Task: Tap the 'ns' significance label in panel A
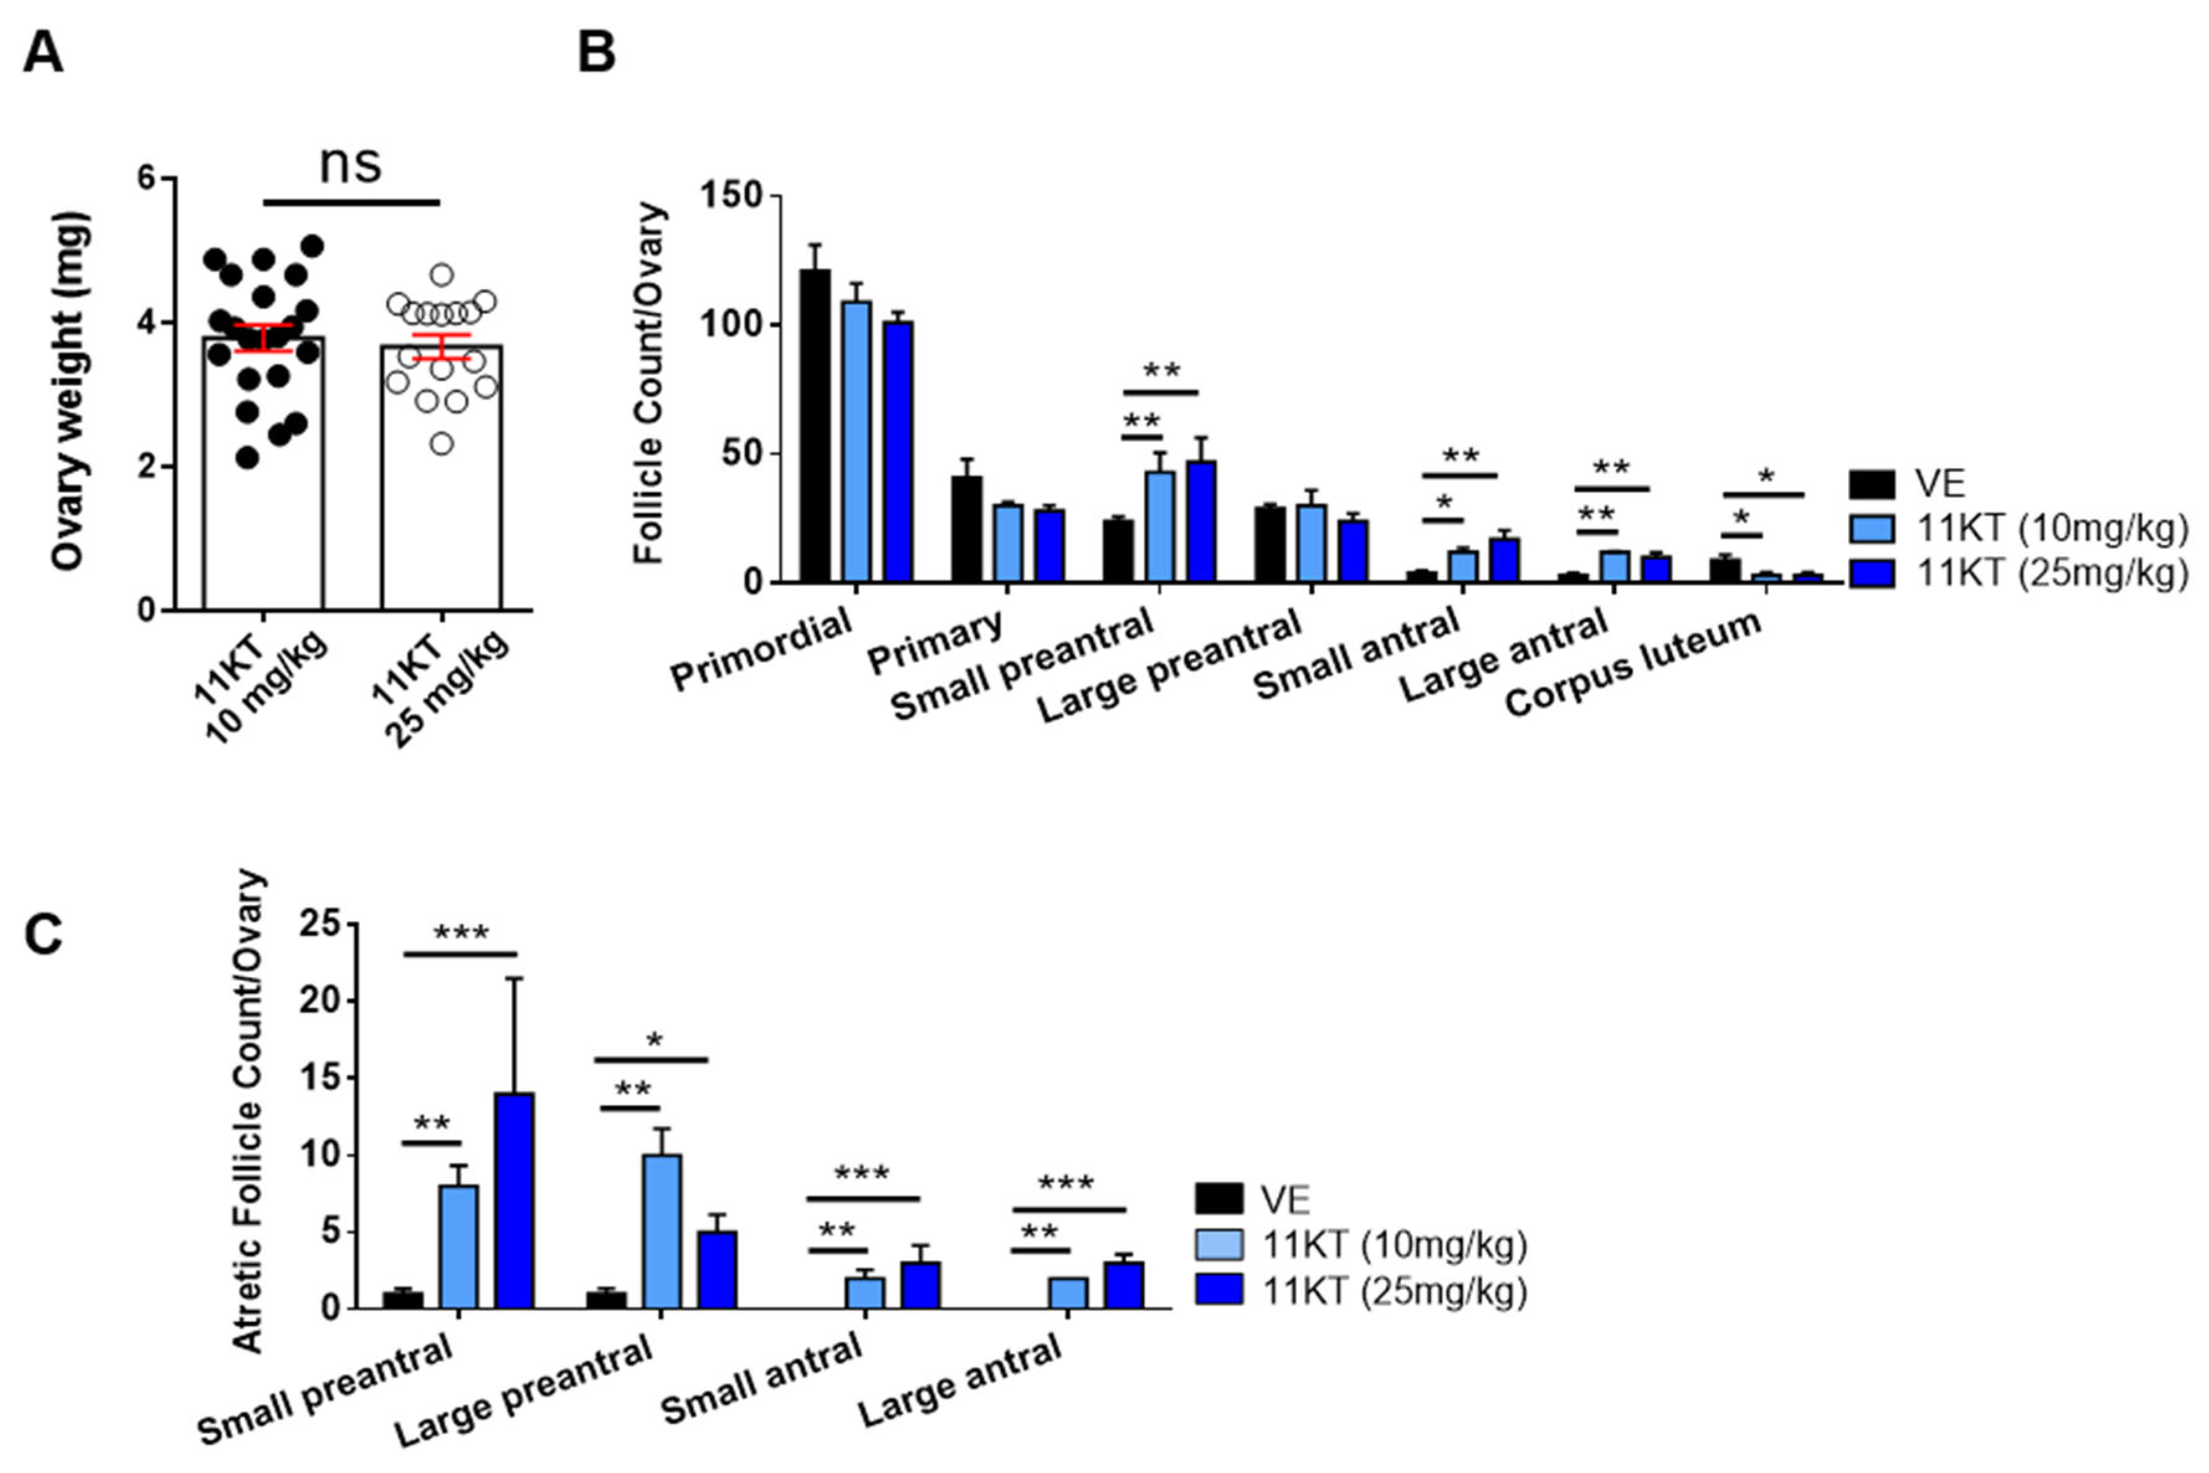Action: pyautogui.click(x=350, y=164)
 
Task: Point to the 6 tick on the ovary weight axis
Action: pyautogui.click(x=147, y=179)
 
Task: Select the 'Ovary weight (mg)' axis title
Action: pyautogui.click(x=70, y=390)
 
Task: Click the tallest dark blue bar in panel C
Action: pyautogui.click(x=515, y=1200)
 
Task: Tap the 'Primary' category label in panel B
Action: pyautogui.click(x=935, y=644)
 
